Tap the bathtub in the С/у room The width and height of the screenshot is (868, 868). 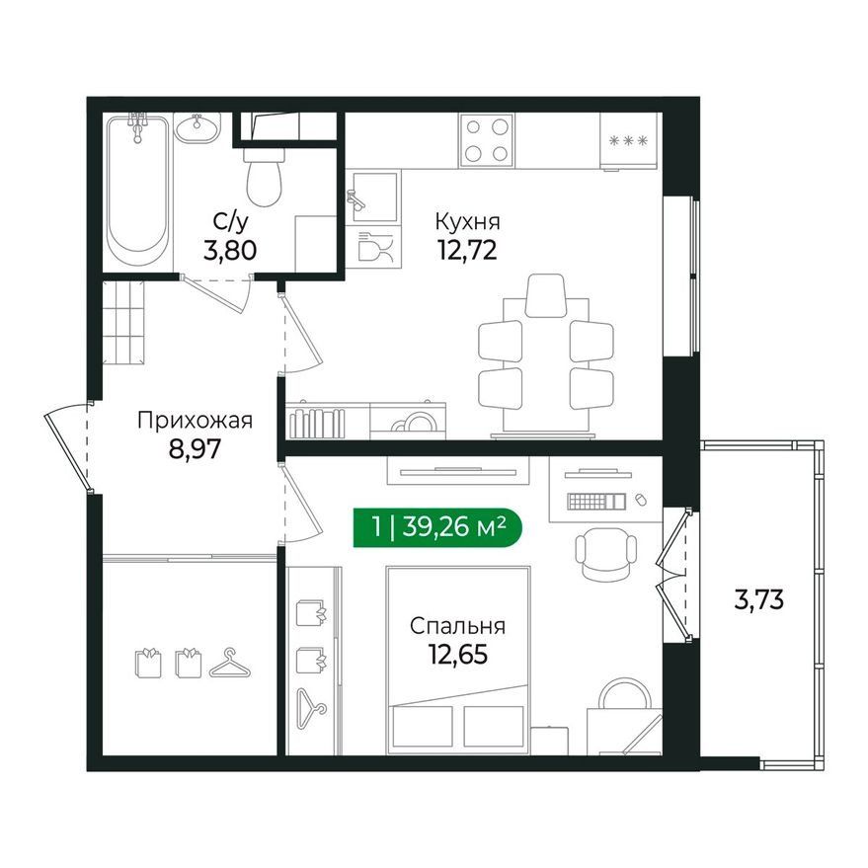(x=138, y=191)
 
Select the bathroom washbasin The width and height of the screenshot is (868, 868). (x=197, y=128)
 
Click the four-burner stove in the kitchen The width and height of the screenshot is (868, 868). (x=487, y=140)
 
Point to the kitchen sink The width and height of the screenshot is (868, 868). (x=372, y=197)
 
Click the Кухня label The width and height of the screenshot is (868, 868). (x=468, y=221)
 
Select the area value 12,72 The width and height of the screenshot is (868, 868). (x=468, y=250)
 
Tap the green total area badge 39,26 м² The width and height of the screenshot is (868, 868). (x=437, y=526)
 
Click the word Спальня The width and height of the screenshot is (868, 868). (x=458, y=626)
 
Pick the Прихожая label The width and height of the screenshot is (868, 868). (x=195, y=420)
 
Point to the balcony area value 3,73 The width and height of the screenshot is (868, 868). (x=759, y=599)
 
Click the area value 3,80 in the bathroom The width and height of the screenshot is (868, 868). (x=230, y=250)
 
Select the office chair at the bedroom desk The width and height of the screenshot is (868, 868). (x=605, y=554)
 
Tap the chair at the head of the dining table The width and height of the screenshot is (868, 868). (x=546, y=295)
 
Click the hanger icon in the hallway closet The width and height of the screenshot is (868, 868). (x=229, y=664)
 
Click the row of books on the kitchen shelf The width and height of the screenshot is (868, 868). (x=318, y=423)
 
